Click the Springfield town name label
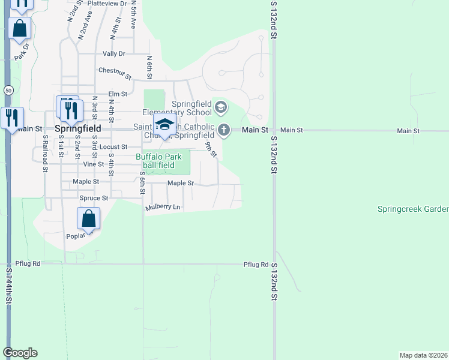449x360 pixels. click(x=77, y=128)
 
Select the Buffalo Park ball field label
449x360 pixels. click(x=155, y=161)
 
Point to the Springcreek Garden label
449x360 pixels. click(x=412, y=209)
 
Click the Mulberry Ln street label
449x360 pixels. click(x=163, y=208)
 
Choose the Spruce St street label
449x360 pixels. click(x=94, y=197)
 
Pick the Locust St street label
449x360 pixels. click(x=113, y=146)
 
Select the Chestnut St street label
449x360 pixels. click(x=115, y=73)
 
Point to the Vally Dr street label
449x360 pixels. click(x=113, y=53)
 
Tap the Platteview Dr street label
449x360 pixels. click(x=107, y=3)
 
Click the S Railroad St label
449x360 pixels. click(x=45, y=153)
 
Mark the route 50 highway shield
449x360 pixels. click(x=8, y=90)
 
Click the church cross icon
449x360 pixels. click(x=223, y=129)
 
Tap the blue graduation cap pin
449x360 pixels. click(x=164, y=125)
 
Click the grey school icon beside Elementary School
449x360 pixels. click(x=220, y=108)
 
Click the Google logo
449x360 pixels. click(x=20, y=353)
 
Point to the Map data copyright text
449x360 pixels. click(x=423, y=355)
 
